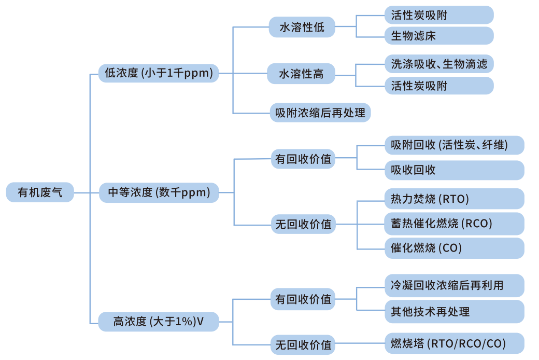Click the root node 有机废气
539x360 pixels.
pos(40,192)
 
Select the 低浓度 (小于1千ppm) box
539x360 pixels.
pos(159,73)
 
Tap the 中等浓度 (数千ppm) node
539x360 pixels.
pos(159,192)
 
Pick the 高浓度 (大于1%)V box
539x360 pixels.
pos(159,322)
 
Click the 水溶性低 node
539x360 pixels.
pos(302,27)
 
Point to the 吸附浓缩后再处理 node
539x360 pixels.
pos(320,112)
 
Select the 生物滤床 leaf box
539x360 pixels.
pos(438,36)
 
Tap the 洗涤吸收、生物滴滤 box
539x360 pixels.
pos(438,64)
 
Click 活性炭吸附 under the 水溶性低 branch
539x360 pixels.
pos(438,15)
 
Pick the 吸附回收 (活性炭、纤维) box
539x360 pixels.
pos(453,145)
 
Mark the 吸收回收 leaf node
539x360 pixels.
pos(453,170)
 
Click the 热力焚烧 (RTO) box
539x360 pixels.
pos(453,199)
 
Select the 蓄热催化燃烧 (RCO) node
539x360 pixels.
pos(453,224)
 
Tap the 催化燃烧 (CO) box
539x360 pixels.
pos(453,248)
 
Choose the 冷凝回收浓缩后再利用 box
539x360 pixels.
pos(453,285)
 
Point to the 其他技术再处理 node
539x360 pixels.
pos(453,312)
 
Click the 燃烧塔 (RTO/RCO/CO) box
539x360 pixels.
pos(453,343)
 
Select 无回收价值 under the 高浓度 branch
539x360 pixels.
pos(303,344)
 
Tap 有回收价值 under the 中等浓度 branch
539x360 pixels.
pos(303,159)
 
